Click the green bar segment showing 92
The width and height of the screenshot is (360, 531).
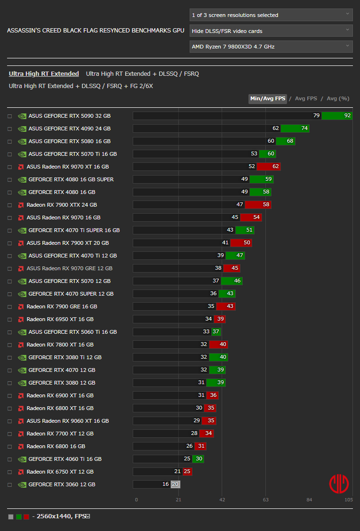pos(337,116)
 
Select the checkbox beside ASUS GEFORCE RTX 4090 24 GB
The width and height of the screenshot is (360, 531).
pos(9,129)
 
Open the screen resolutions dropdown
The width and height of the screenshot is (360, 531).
pos(271,15)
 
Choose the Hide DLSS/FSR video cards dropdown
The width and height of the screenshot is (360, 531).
pos(271,31)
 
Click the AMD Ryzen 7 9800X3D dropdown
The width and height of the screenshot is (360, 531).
pos(271,47)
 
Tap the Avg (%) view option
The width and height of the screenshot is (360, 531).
pos(338,98)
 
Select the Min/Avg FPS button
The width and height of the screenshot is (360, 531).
pos(268,98)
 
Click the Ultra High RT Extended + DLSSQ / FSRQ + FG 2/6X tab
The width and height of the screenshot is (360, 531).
pos(81,86)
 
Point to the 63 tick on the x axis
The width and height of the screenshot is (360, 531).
pos(265,499)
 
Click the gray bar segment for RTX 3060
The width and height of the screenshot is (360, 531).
pos(176,484)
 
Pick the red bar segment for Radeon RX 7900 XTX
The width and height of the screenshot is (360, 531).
pos(258,205)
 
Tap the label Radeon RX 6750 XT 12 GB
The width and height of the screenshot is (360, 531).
pos(60,472)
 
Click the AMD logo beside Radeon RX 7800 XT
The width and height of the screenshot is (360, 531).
pos(21,345)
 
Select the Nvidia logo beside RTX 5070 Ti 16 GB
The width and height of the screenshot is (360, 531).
pos(22,154)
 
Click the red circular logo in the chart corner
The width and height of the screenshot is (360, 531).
pos(339,484)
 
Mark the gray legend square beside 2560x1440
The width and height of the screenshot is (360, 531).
pos(11,517)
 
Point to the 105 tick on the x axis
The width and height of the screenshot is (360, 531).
pos(348,499)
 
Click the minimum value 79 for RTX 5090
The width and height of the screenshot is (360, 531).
pos(316,116)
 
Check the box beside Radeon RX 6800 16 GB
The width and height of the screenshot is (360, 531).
pos(9,446)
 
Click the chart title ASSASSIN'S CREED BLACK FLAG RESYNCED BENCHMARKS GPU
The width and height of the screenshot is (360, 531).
pos(96,31)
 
